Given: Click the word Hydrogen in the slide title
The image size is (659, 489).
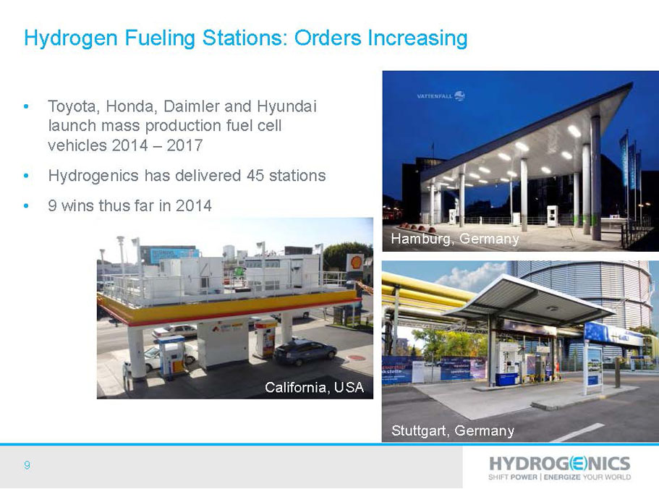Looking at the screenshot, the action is point(71,38).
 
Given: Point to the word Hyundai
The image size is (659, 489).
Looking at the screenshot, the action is point(286,107).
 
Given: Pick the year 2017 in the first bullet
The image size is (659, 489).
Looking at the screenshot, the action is point(184,146).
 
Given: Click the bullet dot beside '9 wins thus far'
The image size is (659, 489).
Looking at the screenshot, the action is point(27,206).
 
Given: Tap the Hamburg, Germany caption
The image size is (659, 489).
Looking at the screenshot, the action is point(455,239).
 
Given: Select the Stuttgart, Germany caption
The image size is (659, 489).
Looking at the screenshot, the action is point(453,430).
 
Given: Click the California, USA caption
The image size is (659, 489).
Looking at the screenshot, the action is point(314,387).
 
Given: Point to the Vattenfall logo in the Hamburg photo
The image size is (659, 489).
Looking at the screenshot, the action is point(441,96).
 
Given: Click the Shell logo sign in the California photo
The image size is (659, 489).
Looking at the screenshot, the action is point(357,262).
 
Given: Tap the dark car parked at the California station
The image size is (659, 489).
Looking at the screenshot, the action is point(305,352).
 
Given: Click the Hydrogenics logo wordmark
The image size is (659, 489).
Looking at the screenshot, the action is point(559,464).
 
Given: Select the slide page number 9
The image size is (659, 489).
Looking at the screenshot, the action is point(27,465).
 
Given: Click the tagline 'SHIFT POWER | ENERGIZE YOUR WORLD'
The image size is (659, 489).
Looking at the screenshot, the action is point(559,477).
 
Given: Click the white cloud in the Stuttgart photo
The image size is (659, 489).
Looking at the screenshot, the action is point(472,276).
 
